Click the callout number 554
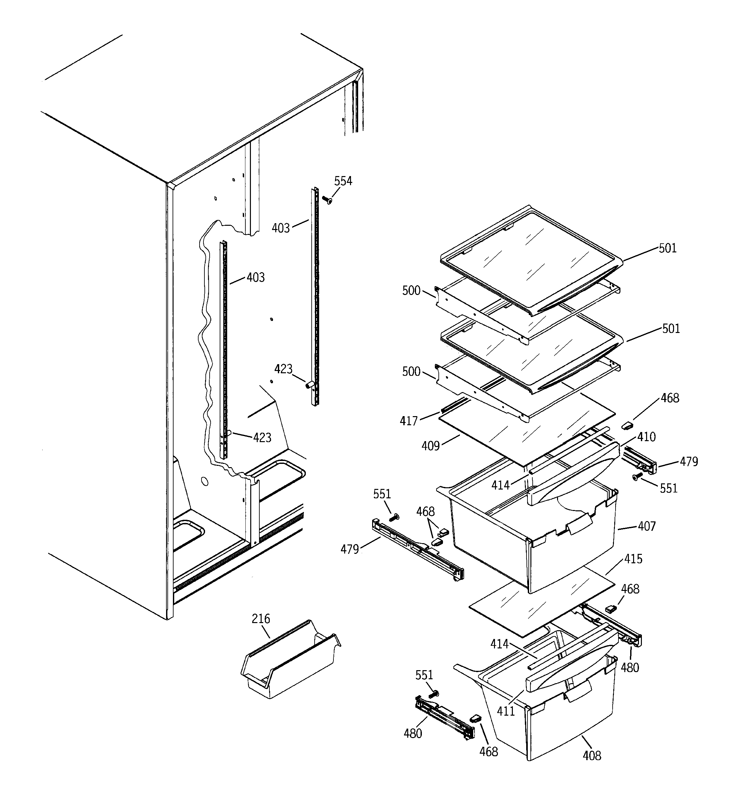pos(343,181)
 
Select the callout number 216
pos(261,619)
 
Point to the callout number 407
pos(646,526)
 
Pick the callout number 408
pos(592,756)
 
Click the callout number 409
pos(430,446)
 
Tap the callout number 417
pos(409,421)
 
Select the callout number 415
pos(633,559)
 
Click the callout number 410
pos(646,437)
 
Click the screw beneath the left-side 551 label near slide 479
pos(393,517)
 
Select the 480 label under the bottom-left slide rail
pos(412,733)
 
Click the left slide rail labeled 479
pos(417,552)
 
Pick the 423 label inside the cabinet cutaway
pos(262,438)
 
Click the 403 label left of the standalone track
pos(280,228)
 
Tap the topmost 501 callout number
pos(668,248)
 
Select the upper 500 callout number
pos(411,290)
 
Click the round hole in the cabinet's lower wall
pos(204,481)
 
